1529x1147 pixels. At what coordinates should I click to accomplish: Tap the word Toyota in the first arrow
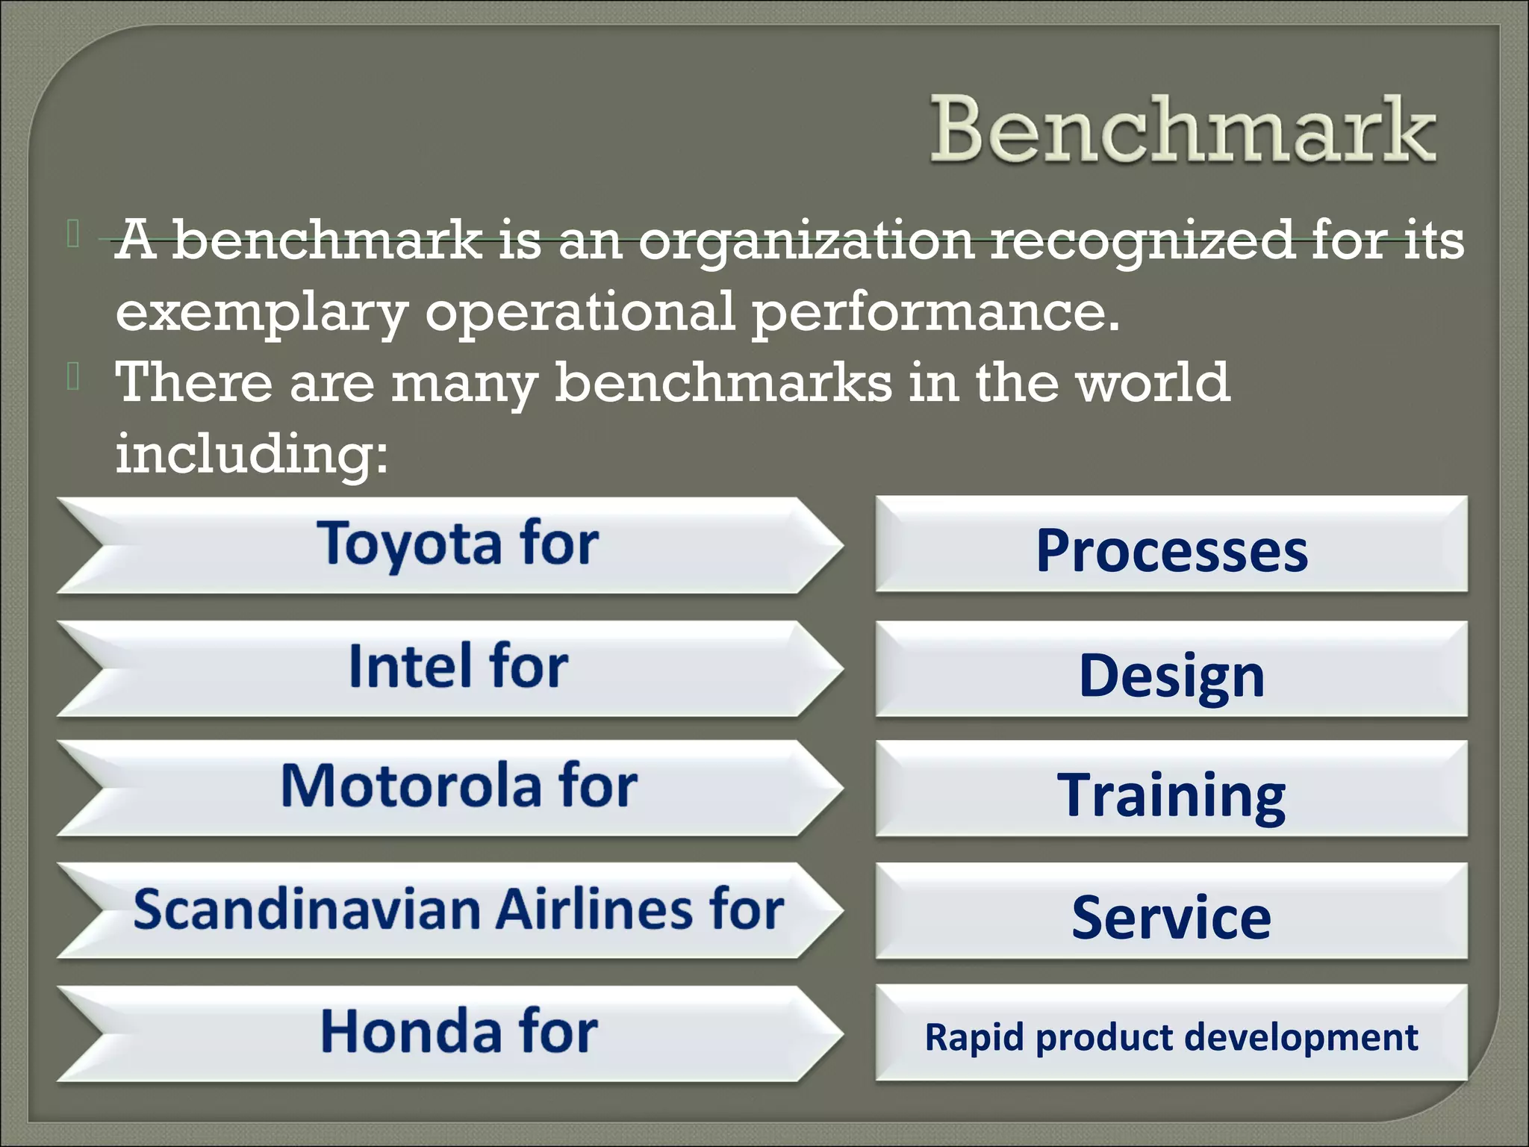click(409, 544)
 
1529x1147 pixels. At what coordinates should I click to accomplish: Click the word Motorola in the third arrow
click(411, 786)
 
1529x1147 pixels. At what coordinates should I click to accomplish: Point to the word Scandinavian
click(307, 910)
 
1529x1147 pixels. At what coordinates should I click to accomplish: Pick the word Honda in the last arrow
click(411, 1032)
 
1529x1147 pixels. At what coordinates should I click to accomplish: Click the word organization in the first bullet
click(806, 241)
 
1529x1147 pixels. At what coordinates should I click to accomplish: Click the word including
click(252, 453)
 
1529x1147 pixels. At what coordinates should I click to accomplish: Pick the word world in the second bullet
click(1151, 382)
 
